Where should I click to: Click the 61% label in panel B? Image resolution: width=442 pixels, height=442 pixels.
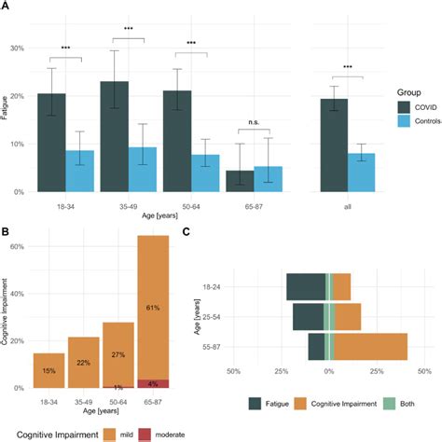[x=154, y=306]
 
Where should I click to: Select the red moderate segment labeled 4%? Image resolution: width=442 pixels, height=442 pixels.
[x=154, y=383]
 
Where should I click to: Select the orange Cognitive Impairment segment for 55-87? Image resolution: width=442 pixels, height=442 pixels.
[x=371, y=345]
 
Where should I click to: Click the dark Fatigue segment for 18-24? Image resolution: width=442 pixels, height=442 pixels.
[x=305, y=287]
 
